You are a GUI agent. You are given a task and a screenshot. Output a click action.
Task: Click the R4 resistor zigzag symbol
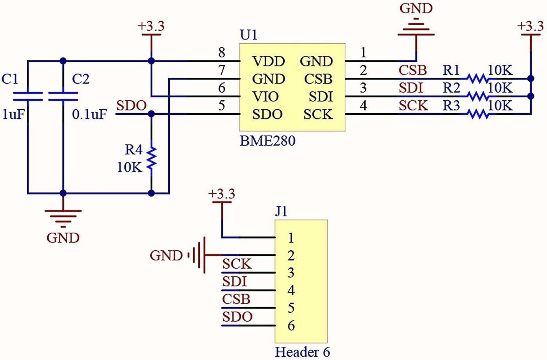pos(151,158)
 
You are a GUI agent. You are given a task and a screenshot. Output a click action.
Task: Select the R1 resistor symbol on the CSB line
pos(478,79)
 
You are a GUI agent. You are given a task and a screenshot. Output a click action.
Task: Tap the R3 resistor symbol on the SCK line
pos(478,114)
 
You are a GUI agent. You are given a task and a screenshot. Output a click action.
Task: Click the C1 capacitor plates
pos(27,96)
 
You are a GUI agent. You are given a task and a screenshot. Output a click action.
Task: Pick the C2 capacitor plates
pos(63,96)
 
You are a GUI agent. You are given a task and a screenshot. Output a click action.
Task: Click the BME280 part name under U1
pos(267,141)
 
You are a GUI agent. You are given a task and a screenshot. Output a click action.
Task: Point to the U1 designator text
pos(249,35)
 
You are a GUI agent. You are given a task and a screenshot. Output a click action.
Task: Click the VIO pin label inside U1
pos(265,96)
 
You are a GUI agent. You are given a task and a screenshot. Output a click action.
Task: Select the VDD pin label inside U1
pos(269,61)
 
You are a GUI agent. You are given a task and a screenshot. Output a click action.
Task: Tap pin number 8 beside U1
pos(222,52)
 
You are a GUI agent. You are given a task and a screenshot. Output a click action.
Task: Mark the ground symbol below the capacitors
pos(63,218)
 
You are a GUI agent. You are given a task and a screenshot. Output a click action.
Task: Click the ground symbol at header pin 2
pos(198,255)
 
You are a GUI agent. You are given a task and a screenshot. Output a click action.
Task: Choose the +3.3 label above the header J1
pos(221,194)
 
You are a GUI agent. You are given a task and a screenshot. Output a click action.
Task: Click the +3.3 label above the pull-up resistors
pos(530,26)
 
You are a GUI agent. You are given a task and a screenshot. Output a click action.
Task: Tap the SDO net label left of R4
pos(132,105)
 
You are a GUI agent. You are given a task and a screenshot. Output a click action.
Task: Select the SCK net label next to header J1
pos(237,264)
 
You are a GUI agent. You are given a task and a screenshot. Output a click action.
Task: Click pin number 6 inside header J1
pos(291,326)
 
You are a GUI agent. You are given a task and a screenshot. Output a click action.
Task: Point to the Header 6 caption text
pos(303,352)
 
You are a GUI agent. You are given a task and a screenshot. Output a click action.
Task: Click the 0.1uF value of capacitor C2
pos(89,114)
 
